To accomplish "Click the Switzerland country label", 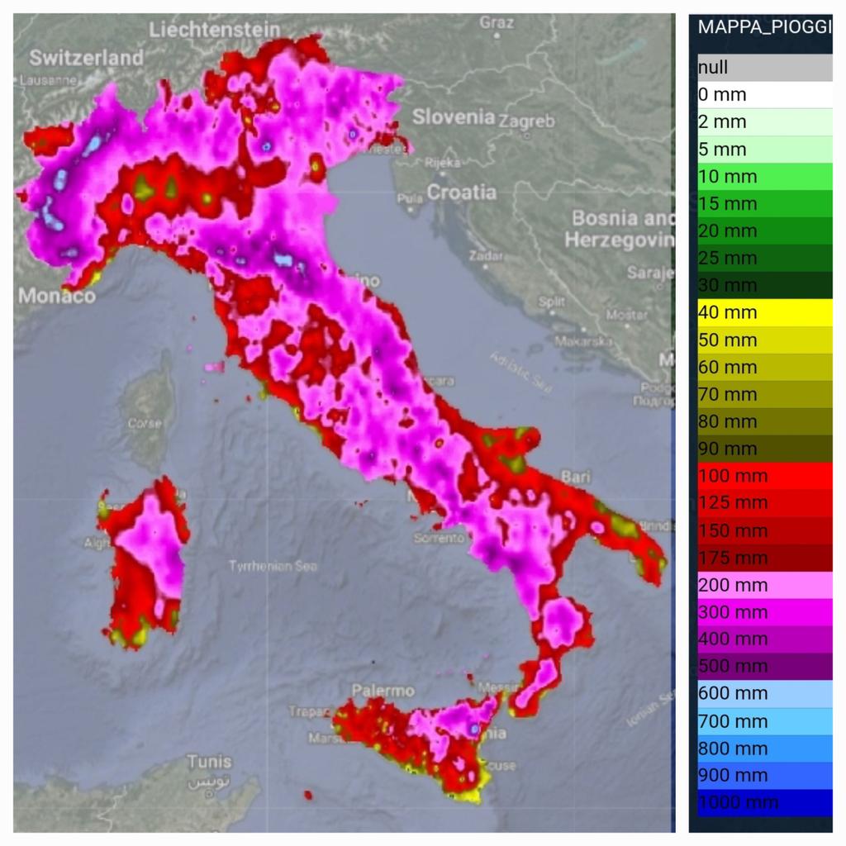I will tap(86, 58).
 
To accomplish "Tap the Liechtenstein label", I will tap(214, 30).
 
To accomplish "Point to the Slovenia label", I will tap(454, 117).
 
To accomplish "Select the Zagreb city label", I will tap(527, 121).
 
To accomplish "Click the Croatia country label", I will tap(462, 192).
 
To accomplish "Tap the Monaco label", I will tap(56, 295).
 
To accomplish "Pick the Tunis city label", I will tap(209, 761).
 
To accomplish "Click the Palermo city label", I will tap(383, 690).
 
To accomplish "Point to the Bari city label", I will tap(576, 477).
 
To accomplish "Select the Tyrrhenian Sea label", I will tap(273, 566).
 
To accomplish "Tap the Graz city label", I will tap(497, 22).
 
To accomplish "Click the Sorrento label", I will tap(440, 538).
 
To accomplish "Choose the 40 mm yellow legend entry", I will tap(764, 312).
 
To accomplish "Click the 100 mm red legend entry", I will tap(764, 476).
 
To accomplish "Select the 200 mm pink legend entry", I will tap(764, 585).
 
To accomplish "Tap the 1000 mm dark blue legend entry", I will tap(764, 802).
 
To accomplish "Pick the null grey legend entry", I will tap(764, 68).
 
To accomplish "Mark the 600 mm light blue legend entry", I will tap(764, 693).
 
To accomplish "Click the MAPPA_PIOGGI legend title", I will tap(763, 26).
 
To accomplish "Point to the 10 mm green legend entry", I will tap(764, 176).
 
